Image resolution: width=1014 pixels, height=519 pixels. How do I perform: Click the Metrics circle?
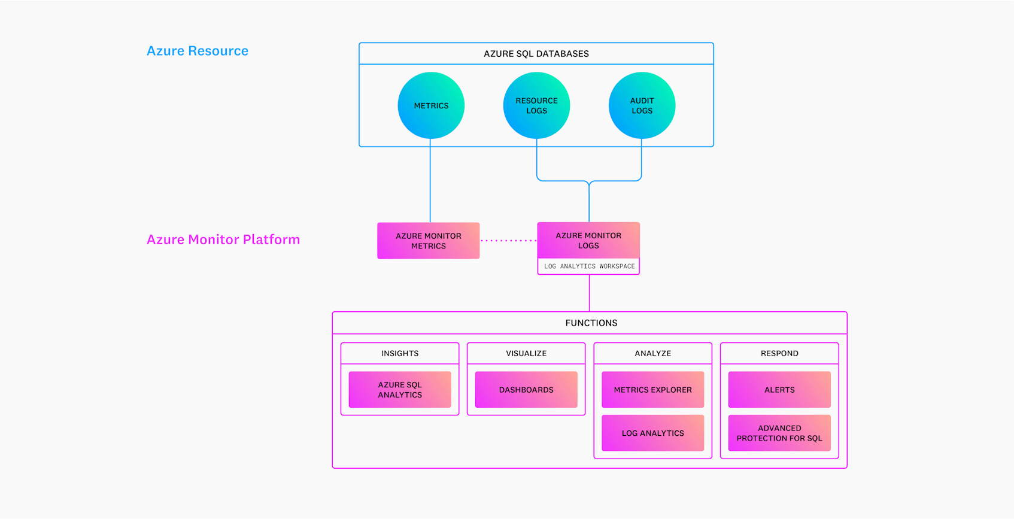pyautogui.click(x=431, y=105)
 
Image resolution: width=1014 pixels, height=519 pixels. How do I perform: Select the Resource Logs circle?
pyautogui.click(x=536, y=105)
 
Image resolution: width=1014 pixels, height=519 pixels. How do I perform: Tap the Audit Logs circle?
pyautogui.click(x=642, y=105)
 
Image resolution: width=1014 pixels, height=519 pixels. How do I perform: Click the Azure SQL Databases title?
pyautogui.click(x=536, y=54)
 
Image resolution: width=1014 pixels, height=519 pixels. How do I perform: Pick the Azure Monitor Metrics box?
pyautogui.click(x=429, y=241)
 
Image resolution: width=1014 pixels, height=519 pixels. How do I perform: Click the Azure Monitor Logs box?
pyautogui.click(x=588, y=240)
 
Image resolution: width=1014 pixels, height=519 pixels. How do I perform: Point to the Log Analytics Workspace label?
pyautogui.click(x=589, y=266)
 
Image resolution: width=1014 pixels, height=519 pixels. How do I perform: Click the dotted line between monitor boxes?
pyautogui.click(x=509, y=241)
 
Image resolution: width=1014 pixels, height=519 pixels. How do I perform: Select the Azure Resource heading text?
pyautogui.click(x=198, y=51)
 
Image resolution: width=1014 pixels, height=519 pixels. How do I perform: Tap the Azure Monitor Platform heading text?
pyautogui.click(x=223, y=239)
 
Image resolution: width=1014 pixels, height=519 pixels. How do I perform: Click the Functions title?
pyautogui.click(x=591, y=323)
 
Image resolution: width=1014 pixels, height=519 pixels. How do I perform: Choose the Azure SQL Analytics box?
pyautogui.click(x=400, y=390)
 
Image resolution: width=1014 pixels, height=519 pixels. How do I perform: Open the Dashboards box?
pyautogui.click(x=526, y=390)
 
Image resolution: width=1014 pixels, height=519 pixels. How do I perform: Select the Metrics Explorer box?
pyautogui.click(x=652, y=390)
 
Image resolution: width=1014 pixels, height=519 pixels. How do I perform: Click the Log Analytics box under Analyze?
pyautogui.click(x=652, y=433)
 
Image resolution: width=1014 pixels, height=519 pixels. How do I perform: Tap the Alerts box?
pyautogui.click(x=779, y=390)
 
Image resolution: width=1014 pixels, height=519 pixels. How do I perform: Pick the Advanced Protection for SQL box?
pyautogui.click(x=779, y=433)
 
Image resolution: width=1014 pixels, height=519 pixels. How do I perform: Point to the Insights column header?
pyautogui.click(x=400, y=353)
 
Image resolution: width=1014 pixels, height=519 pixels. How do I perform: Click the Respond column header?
pyautogui.click(x=779, y=353)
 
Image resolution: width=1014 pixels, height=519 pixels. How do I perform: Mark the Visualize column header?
pyautogui.click(x=526, y=353)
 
